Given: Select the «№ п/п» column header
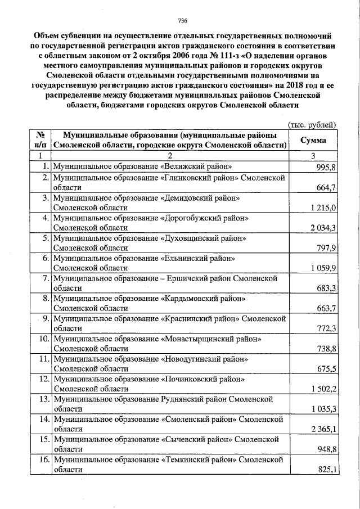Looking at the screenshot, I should pos(40,141).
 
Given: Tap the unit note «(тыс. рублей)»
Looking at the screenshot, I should pos(312,124).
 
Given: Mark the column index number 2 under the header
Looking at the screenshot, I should pos(168,156).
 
